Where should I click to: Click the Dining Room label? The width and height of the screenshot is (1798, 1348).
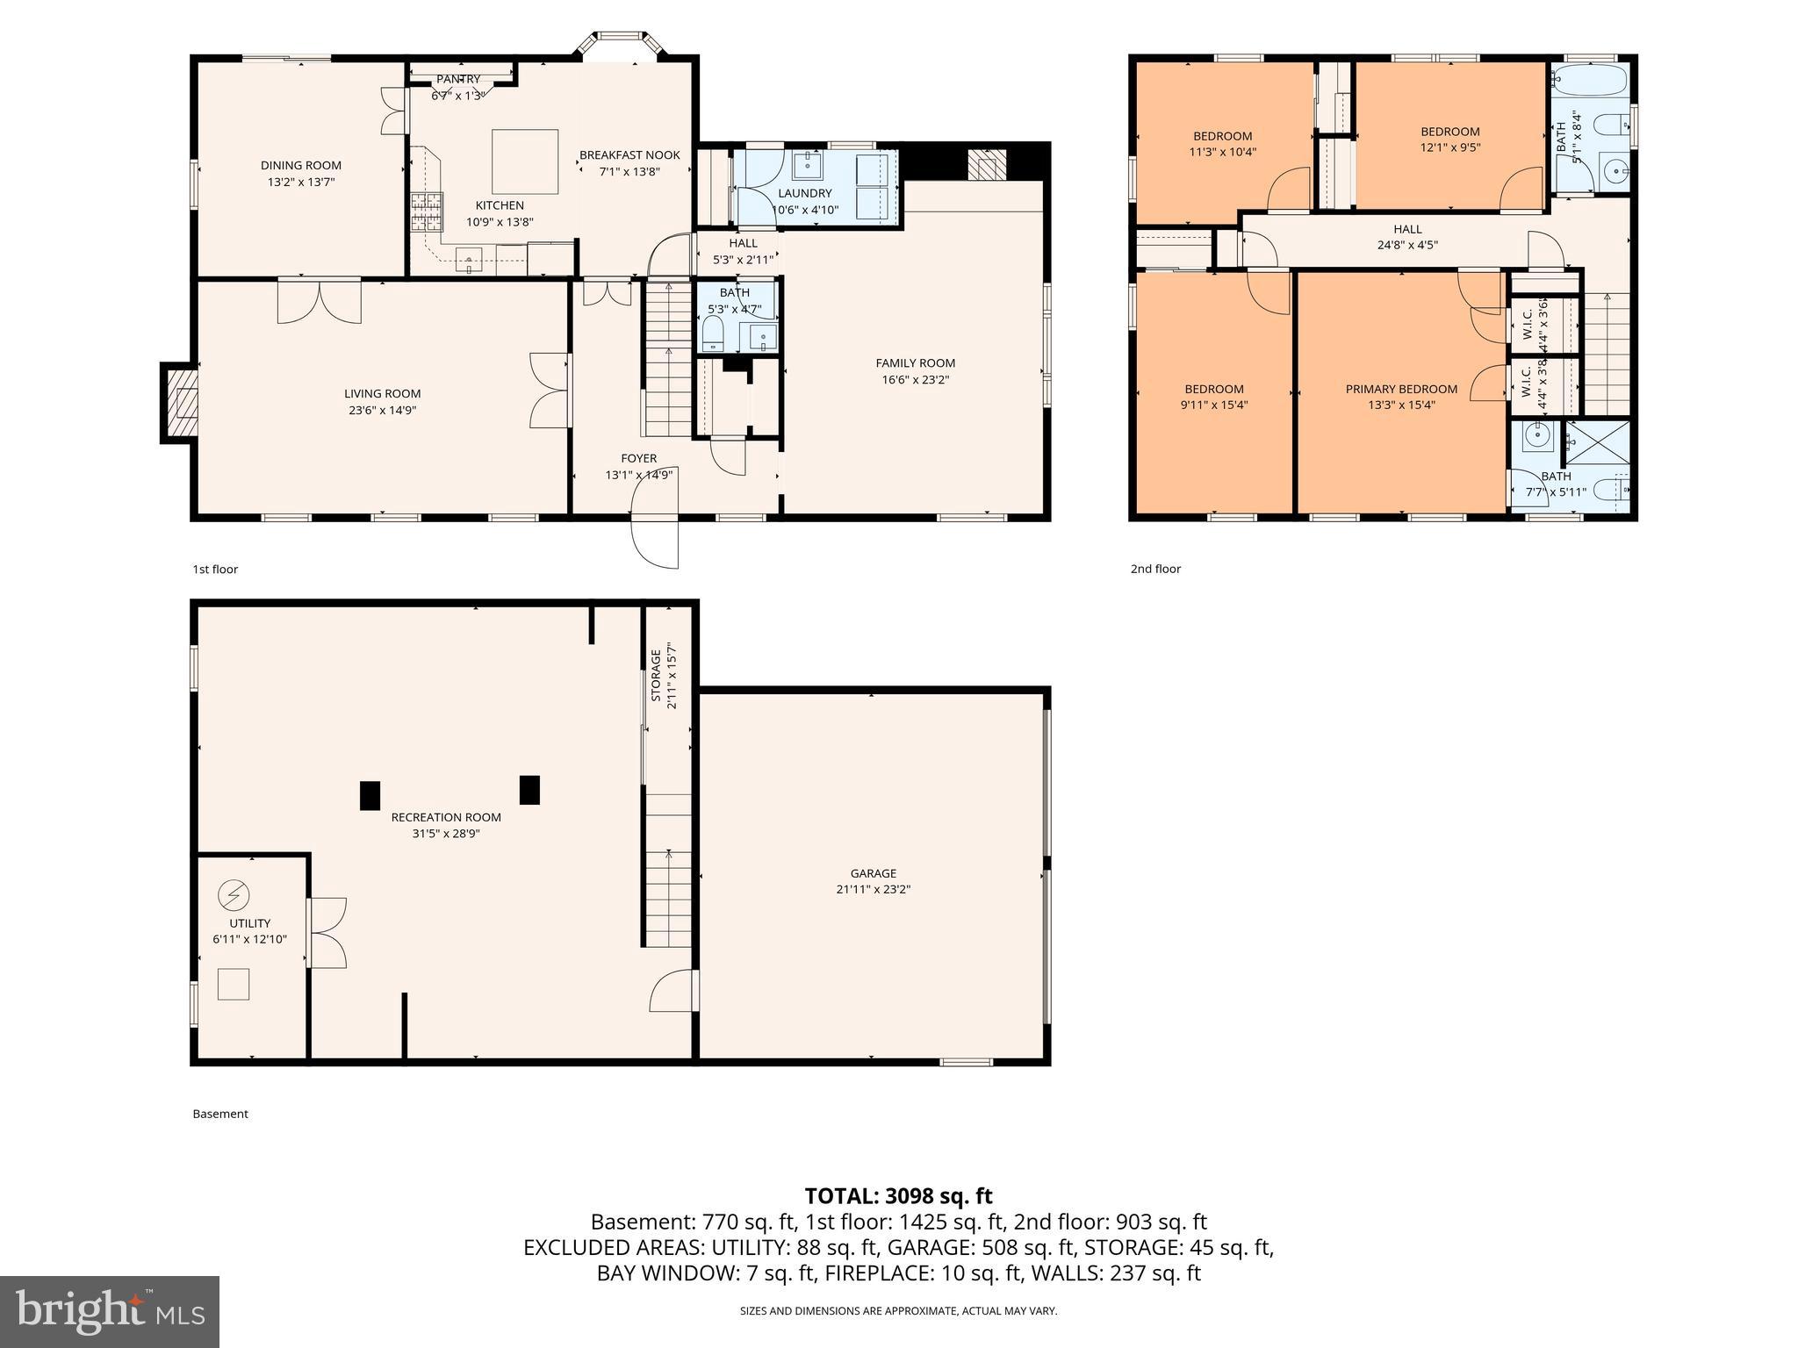[x=300, y=165]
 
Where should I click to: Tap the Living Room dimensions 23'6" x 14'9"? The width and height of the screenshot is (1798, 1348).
[x=382, y=410]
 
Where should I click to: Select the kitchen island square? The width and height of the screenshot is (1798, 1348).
[x=525, y=161]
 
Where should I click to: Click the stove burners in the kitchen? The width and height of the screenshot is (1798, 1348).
[x=427, y=211]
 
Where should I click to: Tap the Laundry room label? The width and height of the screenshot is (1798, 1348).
[x=804, y=193]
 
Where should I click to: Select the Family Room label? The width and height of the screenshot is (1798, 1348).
[x=915, y=362]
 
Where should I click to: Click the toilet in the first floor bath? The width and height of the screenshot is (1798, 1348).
[x=713, y=334]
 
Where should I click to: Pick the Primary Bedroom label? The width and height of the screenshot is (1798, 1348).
[x=1401, y=389]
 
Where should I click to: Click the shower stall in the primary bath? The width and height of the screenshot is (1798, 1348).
[x=1598, y=443]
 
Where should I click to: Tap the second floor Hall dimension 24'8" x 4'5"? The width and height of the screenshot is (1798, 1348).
[x=1407, y=246]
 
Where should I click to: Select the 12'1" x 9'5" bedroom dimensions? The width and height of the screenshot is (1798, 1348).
[x=1450, y=147]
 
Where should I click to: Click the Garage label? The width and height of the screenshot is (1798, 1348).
[x=873, y=873]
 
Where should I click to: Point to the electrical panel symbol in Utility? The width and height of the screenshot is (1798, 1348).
[x=234, y=895]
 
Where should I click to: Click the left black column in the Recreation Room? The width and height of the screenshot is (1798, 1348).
[x=370, y=795]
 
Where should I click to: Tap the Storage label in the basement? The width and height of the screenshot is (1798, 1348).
[x=656, y=676]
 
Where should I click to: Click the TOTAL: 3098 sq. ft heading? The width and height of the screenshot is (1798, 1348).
[x=898, y=1195]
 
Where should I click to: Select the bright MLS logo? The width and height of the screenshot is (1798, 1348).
[x=110, y=1311]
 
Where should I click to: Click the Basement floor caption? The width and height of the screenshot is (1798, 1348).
[x=220, y=1114]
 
